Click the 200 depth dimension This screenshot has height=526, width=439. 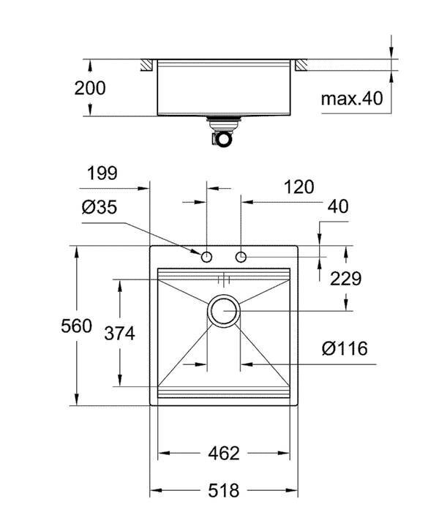tap(89, 89)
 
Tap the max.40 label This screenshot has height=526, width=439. tap(352, 99)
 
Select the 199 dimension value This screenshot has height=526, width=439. tap(102, 173)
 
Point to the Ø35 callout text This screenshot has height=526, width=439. tap(100, 207)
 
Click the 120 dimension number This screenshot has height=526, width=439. tap(299, 187)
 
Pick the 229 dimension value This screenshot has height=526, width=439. tap(345, 279)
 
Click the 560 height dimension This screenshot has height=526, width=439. tap(76, 326)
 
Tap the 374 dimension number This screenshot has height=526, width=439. tap(119, 334)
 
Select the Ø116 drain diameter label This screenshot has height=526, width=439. tap(345, 348)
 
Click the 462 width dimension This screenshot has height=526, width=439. tap(224, 454)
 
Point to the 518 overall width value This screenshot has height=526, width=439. tap(224, 491)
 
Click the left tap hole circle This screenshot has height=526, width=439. tap(206, 258)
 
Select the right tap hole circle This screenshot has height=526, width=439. tap(241, 258)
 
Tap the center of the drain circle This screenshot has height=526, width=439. tap(224, 311)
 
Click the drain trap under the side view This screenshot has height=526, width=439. tap(222, 131)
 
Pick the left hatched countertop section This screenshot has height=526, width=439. tap(147, 65)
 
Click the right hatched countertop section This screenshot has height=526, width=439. tap(301, 65)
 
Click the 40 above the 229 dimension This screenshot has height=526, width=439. tap(337, 206)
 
